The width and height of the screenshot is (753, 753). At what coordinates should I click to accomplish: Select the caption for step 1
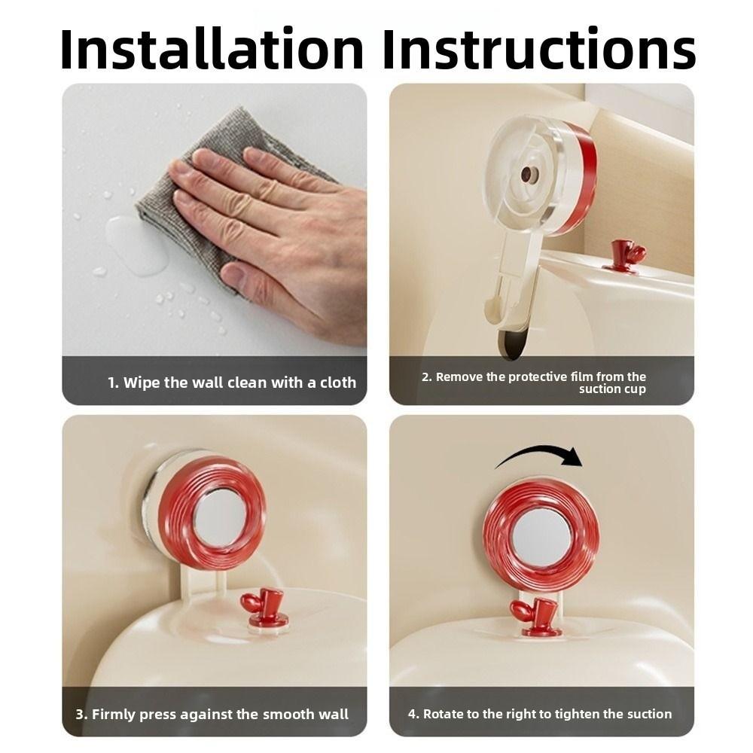(x=231, y=383)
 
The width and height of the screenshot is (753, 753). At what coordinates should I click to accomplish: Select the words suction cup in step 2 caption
(x=612, y=389)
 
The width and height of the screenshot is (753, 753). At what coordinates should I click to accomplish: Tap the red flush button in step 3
(x=263, y=607)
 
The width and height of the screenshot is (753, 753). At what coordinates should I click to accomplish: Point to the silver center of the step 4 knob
(x=541, y=536)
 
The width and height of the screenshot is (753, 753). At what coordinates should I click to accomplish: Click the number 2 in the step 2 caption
(x=426, y=376)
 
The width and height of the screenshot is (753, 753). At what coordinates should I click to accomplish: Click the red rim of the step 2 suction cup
(x=584, y=177)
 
